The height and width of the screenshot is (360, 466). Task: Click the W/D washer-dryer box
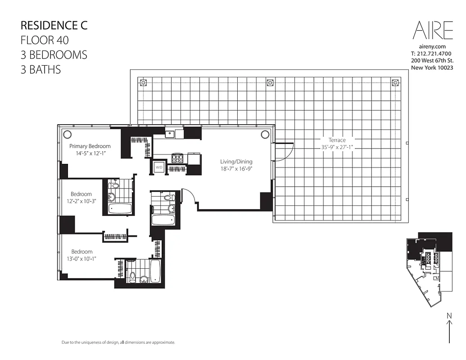pos(159,167)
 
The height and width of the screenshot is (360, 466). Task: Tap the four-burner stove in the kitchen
pos(177,158)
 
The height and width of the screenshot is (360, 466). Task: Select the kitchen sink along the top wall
pos(170,133)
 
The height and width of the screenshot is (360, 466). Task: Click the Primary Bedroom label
pos(90,146)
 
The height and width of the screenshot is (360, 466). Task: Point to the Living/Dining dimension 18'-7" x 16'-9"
pos(236,169)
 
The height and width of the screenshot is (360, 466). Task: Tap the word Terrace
pos(337,140)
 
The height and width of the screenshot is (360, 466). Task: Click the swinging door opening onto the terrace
pos(284,151)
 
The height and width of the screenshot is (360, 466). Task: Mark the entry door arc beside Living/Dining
pos(190,197)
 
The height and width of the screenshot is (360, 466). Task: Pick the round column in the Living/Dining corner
pos(265,134)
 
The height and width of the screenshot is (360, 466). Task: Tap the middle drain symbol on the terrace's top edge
pos(269,82)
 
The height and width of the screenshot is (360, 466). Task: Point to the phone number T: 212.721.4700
pos(431,54)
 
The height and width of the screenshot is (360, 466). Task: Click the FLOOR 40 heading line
pos(45,40)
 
